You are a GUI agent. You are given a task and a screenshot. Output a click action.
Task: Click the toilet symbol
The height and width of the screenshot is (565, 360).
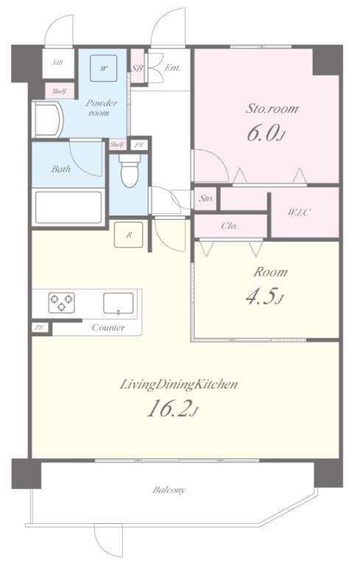pyautogui.click(x=130, y=171)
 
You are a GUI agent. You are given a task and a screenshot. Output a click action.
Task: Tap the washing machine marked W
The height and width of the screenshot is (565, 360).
pyautogui.click(x=104, y=68)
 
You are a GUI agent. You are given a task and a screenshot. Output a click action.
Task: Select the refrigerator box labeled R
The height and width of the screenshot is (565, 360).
pyautogui.click(x=128, y=235)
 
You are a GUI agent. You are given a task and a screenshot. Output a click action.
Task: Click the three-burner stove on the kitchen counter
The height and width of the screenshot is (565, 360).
pyautogui.click(x=62, y=302)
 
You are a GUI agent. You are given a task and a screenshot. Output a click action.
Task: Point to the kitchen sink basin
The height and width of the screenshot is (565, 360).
pyautogui.click(x=119, y=303)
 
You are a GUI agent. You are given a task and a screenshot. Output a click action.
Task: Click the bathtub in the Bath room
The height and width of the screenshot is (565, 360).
pyautogui.click(x=68, y=207)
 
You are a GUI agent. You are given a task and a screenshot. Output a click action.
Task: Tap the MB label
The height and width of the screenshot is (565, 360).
pyautogui.click(x=57, y=63)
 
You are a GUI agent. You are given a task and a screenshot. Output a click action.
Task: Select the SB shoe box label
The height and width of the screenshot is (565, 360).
pyautogui.click(x=137, y=68)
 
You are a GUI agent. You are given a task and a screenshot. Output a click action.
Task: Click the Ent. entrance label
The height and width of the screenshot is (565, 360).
pyautogui.click(x=172, y=68)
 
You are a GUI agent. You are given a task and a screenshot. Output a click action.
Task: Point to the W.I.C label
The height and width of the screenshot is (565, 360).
pyautogui.click(x=299, y=212)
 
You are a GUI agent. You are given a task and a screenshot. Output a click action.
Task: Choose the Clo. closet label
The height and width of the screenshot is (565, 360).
pyautogui.click(x=230, y=226)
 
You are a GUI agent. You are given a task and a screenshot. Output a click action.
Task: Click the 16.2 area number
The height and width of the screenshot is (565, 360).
pyautogui.click(x=169, y=409)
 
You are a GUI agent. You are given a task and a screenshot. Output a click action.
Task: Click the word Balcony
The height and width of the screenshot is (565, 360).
pyautogui.click(x=169, y=490)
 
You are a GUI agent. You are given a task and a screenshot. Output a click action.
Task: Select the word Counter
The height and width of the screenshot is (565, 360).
pyautogui.click(x=108, y=327)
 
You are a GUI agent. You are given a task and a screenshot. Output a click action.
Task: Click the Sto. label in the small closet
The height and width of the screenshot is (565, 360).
pyautogui.click(x=206, y=198)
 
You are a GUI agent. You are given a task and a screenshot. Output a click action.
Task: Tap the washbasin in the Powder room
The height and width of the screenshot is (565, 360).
pyautogui.click(x=48, y=119)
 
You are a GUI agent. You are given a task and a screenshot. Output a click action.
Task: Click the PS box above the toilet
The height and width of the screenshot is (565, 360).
pyautogui.click(x=139, y=145)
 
